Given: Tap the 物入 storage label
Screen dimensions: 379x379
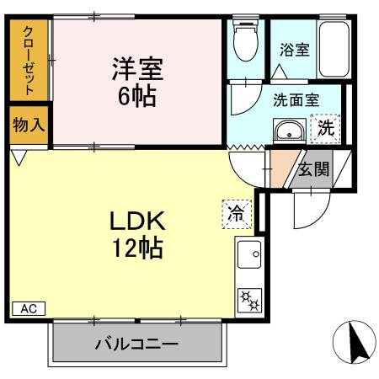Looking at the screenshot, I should click(x=29, y=125).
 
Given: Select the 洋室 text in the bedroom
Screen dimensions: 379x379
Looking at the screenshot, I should click(x=138, y=67).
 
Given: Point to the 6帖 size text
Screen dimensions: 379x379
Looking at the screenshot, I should click(x=137, y=93).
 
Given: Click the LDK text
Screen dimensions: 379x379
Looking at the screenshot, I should click(x=141, y=222).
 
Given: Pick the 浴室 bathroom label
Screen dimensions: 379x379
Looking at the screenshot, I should click(x=295, y=49).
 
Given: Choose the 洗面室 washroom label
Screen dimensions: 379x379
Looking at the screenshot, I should click(x=296, y=99).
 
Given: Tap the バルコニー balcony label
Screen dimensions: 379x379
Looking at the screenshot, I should click(x=136, y=344).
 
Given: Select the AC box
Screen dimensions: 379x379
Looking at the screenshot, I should click(x=28, y=308).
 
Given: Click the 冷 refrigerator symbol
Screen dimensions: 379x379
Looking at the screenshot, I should click(x=238, y=213).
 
